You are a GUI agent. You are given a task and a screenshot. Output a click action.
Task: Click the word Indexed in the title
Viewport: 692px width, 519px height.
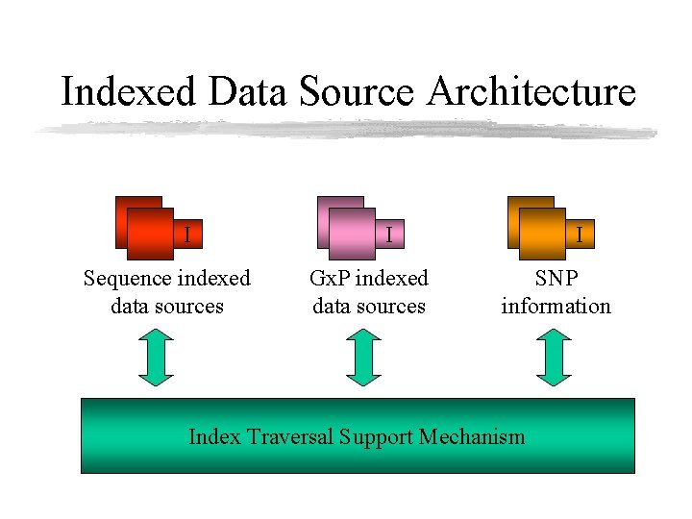128,92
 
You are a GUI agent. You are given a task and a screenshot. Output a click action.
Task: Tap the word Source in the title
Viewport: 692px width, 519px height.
358,92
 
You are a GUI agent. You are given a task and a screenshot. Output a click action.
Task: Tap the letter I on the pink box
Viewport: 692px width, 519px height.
388,234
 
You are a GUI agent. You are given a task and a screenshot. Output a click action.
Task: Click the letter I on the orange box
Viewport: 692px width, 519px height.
579,234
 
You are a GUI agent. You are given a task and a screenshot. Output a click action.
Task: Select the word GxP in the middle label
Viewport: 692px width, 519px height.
331,279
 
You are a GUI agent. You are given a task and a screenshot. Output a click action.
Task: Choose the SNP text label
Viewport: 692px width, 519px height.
556,279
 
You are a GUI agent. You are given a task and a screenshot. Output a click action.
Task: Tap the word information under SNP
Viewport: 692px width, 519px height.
556,307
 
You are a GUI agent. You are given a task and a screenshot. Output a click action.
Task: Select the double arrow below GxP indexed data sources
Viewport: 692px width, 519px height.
363,358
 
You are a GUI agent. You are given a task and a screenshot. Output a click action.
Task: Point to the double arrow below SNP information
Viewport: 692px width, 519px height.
554,358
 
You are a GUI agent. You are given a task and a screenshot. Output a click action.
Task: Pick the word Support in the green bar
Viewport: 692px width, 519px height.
382,438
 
